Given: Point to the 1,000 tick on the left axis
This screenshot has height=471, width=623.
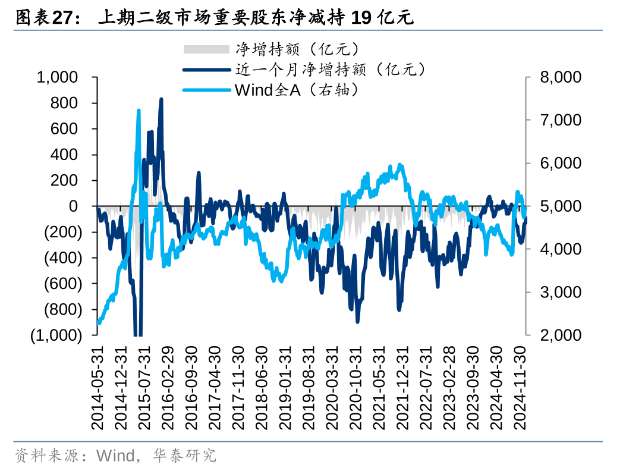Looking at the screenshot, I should click(57, 77).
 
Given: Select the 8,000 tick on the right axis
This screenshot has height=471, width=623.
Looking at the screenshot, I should click(560, 77).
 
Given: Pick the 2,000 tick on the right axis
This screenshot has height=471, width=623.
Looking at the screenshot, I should click(560, 335).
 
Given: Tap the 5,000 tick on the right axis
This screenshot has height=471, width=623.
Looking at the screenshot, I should click(560, 206).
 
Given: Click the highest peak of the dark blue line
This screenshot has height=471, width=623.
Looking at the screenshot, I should click(161, 99).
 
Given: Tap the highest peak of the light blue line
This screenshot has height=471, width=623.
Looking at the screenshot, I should click(139, 111).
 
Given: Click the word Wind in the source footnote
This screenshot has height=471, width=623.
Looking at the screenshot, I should click(115, 456).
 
